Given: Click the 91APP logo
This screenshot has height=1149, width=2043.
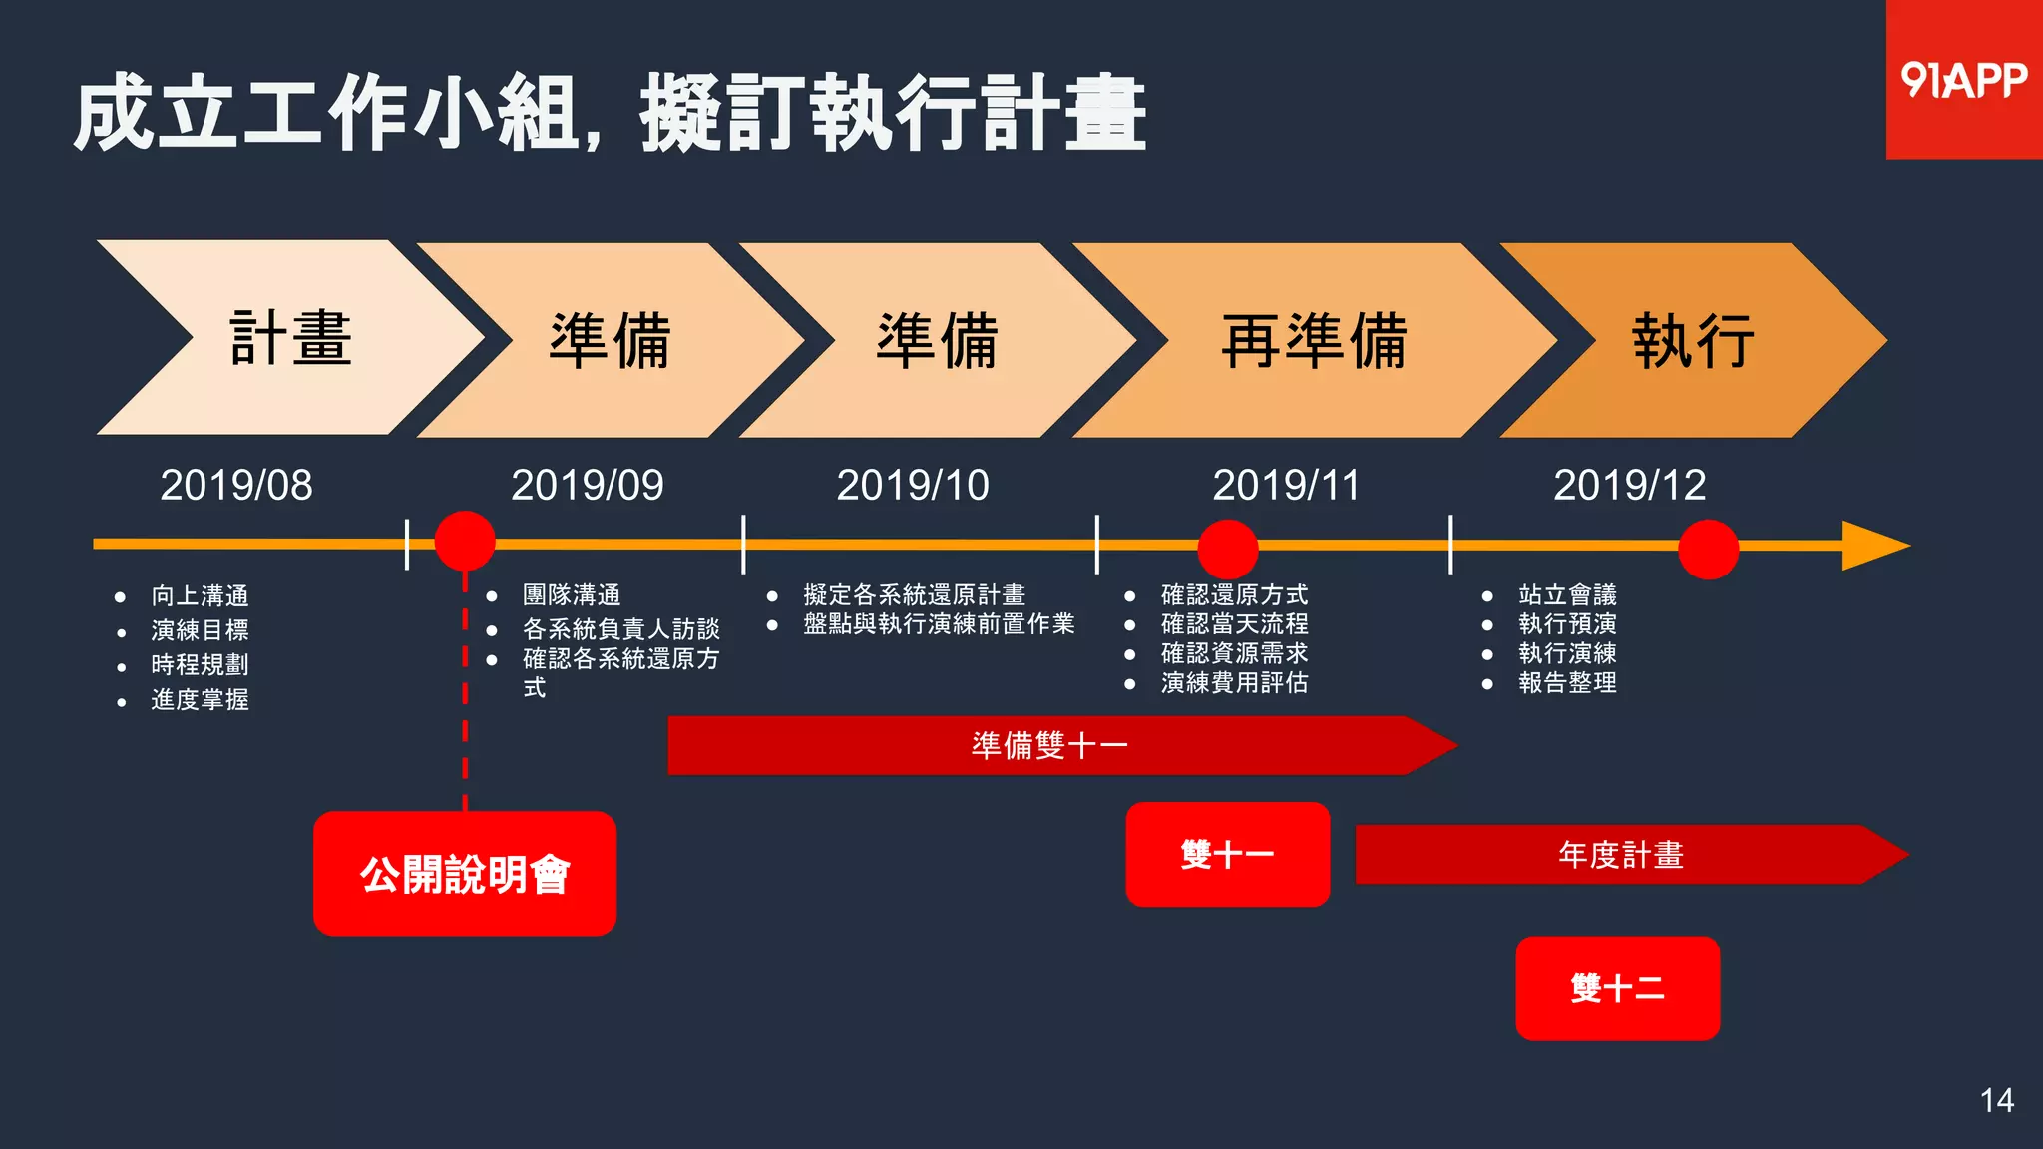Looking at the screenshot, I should (x=1963, y=80).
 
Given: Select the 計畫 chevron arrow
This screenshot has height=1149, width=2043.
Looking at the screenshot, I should (x=289, y=338).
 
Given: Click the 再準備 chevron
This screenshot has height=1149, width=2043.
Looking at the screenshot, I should (x=1313, y=340).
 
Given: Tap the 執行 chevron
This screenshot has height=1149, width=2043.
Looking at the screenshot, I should (x=1692, y=340).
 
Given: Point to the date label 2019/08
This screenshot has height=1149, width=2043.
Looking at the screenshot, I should (x=236, y=486).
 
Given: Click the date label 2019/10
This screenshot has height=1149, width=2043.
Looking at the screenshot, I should (x=912, y=486).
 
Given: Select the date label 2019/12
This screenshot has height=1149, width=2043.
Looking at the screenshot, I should (x=1629, y=486).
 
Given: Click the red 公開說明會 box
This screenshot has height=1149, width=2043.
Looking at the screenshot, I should (x=465, y=874).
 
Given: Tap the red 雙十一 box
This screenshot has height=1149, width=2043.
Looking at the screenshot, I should (x=1227, y=855).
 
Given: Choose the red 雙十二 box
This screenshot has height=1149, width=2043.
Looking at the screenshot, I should (x=1617, y=988).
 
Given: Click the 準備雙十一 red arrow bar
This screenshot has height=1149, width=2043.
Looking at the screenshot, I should (x=1049, y=745).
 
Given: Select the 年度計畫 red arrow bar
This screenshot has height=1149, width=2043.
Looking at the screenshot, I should (x=1621, y=855).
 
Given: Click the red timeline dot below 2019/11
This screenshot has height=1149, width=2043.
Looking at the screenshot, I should (x=1227, y=549).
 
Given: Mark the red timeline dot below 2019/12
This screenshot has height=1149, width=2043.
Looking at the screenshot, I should (x=1708, y=549).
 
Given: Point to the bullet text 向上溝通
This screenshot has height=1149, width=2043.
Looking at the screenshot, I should (x=200, y=596).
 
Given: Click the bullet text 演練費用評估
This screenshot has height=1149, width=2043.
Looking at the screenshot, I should (x=1234, y=683).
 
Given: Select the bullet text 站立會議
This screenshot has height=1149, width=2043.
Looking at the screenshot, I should (x=1567, y=595).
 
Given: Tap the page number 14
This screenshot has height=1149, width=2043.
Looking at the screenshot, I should (x=1996, y=1101).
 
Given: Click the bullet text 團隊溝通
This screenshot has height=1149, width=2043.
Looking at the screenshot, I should (x=572, y=595).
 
